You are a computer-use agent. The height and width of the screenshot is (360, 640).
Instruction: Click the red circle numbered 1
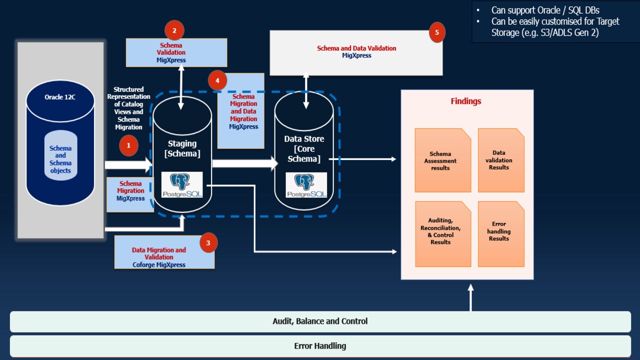[128, 145]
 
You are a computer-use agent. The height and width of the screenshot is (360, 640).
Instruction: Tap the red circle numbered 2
[174, 30]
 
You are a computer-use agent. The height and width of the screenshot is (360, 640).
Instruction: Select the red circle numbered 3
[208, 243]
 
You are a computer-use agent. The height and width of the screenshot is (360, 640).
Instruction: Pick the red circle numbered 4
[217, 80]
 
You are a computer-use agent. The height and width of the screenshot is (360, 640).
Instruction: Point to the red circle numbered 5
[437, 32]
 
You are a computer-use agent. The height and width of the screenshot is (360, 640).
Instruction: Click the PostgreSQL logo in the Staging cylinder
[182, 184]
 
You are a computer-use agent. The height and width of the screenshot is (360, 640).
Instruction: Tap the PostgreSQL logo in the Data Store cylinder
[306, 185]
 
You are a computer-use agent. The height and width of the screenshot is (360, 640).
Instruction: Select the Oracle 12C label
[60, 97]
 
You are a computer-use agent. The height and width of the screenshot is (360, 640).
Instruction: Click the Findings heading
[466, 101]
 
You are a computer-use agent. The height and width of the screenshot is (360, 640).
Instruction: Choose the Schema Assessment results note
[442, 160]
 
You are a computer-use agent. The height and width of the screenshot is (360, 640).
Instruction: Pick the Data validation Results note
[500, 160]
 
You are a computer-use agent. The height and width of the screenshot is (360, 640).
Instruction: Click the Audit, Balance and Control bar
[320, 321]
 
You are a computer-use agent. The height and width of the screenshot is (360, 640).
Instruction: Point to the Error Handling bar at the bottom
[320, 346]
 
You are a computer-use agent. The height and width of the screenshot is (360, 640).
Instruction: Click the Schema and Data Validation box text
[356, 52]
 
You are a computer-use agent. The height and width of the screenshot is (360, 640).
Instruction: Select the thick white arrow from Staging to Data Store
[244, 163]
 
